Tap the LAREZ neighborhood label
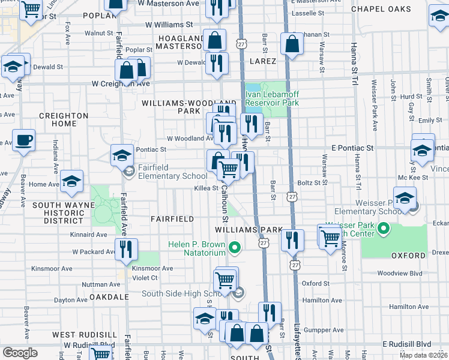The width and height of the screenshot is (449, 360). (x=260, y=61)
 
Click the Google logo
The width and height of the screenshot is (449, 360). (x=20, y=353)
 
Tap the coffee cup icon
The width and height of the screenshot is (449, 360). (x=23, y=141)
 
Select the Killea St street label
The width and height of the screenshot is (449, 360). (x=206, y=188)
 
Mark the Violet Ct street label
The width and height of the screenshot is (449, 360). (x=145, y=278)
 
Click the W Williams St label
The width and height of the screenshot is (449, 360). (x=169, y=25)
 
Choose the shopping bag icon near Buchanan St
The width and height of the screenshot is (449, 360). (x=292, y=44)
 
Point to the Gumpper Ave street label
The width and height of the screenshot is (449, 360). (x=324, y=329)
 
